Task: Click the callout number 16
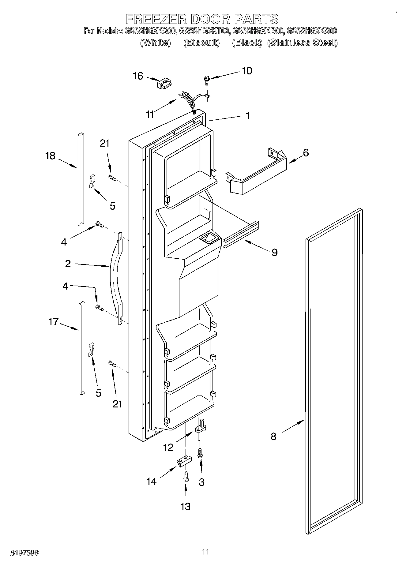pyautogui.click(x=138, y=76)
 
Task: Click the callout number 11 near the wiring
pyautogui.click(x=150, y=114)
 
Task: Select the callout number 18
pyautogui.click(x=50, y=156)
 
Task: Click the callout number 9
pyautogui.click(x=274, y=252)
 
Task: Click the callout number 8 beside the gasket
pyautogui.click(x=273, y=436)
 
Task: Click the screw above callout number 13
pyautogui.click(x=186, y=476)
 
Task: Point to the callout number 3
pyautogui.click(x=201, y=482)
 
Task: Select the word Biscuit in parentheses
pyautogui.click(x=201, y=43)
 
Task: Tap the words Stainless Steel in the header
pyautogui.click(x=302, y=43)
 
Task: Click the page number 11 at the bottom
pyautogui.click(x=205, y=552)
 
